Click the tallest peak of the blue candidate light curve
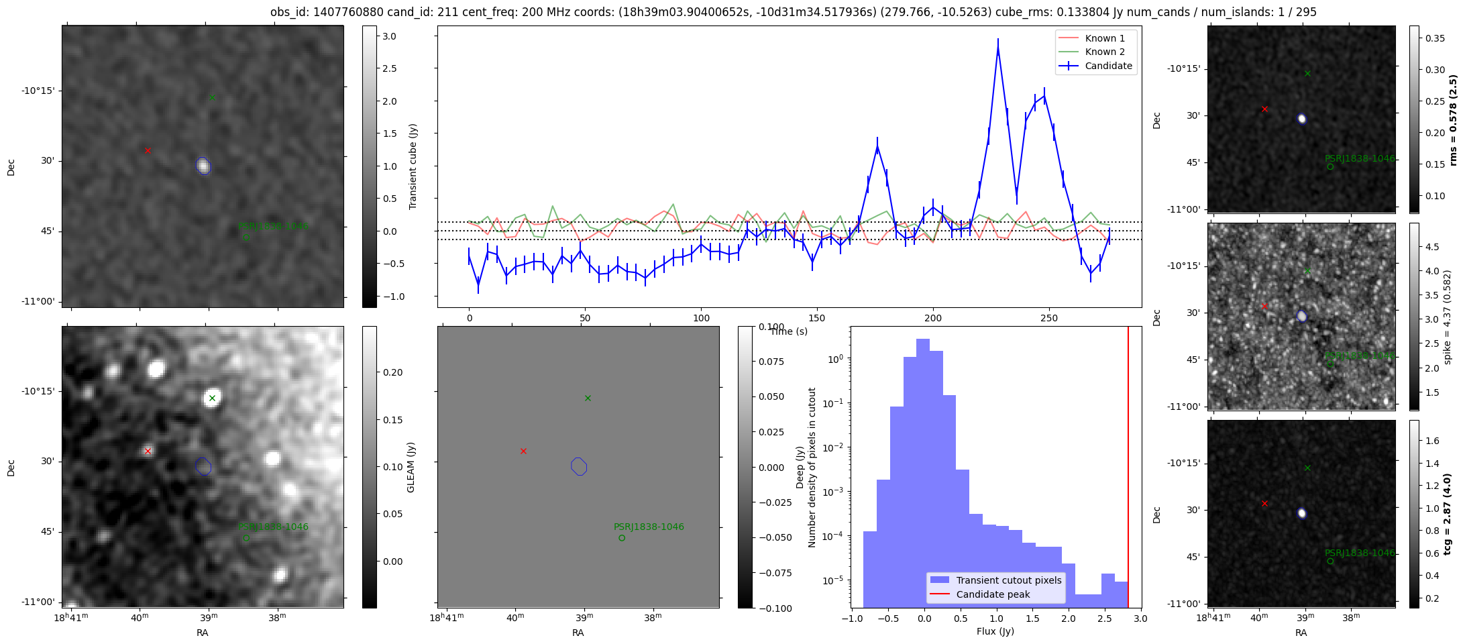pyautogui.click(x=998, y=48)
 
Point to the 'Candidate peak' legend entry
pyautogui.click(x=993, y=594)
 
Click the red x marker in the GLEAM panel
pyautogui.click(x=148, y=451)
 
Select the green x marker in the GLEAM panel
pyautogui.click(x=212, y=398)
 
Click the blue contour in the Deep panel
pyautogui.click(x=579, y=466)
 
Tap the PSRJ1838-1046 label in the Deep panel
pyautogui.click(x=649, y=527)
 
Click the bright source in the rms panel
pyautogui.click(x=1302, y=119)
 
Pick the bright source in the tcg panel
pyautogui.click(x=1302, y=513)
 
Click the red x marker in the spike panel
pyautogui.click(x=1264, y=306)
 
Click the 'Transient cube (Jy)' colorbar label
pyautogui.click(x=413, y=166)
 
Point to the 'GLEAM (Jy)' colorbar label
pyautogui.click(x=411, y=467)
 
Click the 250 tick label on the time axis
pyautogui.click(x=1048, y=318)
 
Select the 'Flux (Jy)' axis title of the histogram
pyautogui.click(x=995, y=631)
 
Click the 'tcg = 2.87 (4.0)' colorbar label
pyautogui.click(x=1448, y=514)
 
